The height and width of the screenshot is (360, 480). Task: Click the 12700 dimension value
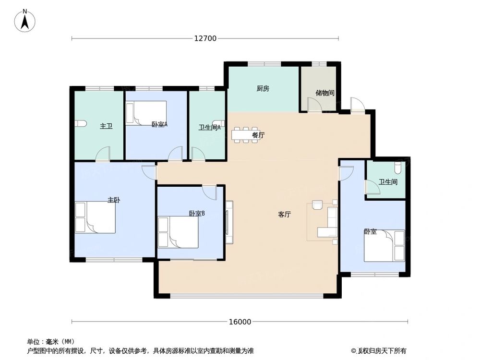[x=205, y=38]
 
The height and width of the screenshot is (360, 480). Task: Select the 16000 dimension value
[x=240, y=322]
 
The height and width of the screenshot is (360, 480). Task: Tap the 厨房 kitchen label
[x=263, y=88]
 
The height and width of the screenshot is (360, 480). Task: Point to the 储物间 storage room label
[x=324, y=93]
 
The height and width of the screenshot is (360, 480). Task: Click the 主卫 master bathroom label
[x=106, y=126]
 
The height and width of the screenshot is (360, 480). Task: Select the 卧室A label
[x=159, y=124]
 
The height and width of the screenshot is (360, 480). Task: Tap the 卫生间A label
[x=209, y=127]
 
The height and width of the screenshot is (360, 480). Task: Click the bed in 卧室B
[x=178, y=232]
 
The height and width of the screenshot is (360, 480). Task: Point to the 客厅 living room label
[x=284, y=215]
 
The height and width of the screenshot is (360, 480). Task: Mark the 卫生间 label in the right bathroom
[x=387, y=182]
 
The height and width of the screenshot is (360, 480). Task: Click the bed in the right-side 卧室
[x=384, y=245]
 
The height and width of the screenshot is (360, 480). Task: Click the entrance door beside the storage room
[x=357, y=105]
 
